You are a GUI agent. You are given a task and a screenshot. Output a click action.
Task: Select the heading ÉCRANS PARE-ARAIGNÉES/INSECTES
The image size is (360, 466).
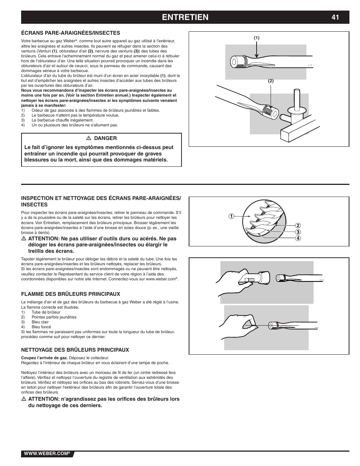71,33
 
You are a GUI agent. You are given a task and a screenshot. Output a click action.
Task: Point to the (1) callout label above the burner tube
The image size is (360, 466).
257,38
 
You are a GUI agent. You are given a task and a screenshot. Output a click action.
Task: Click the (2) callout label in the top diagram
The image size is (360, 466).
271,81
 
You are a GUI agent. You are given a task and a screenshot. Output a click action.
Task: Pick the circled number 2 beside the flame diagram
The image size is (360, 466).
298,226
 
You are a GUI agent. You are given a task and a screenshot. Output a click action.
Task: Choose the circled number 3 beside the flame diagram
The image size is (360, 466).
298,232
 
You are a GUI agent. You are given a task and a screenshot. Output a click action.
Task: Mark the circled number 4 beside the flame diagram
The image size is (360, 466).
298,238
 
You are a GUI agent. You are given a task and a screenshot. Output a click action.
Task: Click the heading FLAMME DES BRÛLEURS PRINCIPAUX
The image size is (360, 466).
71,294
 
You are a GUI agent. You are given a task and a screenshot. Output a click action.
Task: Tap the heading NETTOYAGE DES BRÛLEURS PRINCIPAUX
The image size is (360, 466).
75,350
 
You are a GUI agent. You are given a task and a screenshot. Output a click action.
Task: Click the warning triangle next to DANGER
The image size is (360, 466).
88,138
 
